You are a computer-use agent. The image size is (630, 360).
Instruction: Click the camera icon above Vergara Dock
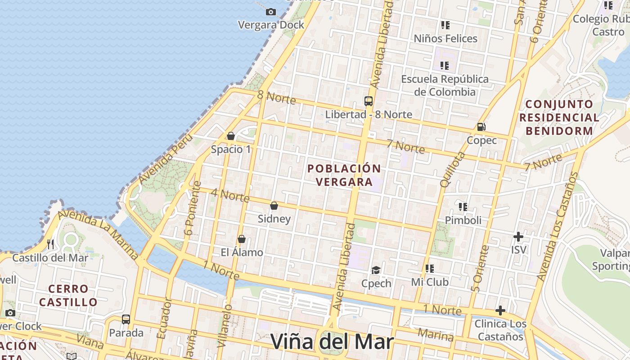271,12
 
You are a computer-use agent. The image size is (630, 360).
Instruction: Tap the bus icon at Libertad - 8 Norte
369,101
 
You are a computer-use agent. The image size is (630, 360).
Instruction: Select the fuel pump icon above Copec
481,127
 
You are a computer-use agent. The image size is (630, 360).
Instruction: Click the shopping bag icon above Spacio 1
231,136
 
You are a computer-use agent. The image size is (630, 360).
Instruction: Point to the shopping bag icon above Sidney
274,206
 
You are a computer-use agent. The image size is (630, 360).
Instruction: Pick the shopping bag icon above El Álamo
242,239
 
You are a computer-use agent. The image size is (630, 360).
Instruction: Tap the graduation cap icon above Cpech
376,270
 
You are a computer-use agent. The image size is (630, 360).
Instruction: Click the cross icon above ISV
518,236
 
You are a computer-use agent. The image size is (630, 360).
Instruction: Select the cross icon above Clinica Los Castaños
500,310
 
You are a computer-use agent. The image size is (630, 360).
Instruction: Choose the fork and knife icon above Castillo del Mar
50,244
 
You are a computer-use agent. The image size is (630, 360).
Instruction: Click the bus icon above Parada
126,319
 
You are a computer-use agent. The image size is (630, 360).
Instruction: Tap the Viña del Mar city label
332,342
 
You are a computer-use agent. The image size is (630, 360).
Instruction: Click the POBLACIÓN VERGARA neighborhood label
344,175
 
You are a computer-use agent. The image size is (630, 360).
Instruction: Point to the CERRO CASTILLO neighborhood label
68,295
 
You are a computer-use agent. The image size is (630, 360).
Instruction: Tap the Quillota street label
452,170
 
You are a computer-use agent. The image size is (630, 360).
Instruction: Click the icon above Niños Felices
445,25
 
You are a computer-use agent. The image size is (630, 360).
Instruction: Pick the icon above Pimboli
463,207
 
